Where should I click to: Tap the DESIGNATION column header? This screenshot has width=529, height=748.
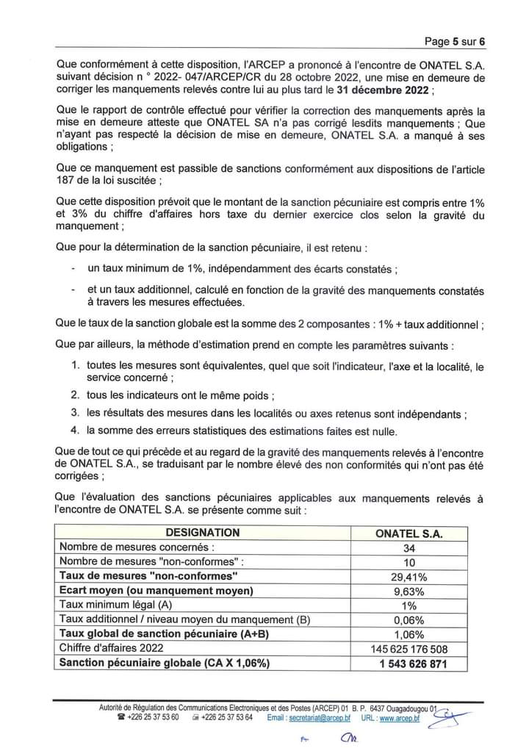202,533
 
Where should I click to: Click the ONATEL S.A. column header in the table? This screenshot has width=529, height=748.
409,533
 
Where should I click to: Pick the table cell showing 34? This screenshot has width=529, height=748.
409,547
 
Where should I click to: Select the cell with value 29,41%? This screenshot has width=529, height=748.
409,577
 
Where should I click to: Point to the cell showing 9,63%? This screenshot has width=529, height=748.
409,591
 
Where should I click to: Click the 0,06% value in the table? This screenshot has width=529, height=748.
409,621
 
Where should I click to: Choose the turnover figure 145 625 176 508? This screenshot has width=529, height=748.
409,650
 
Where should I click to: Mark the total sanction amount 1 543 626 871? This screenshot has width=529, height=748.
409,664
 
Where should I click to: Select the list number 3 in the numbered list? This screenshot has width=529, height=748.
74,413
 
